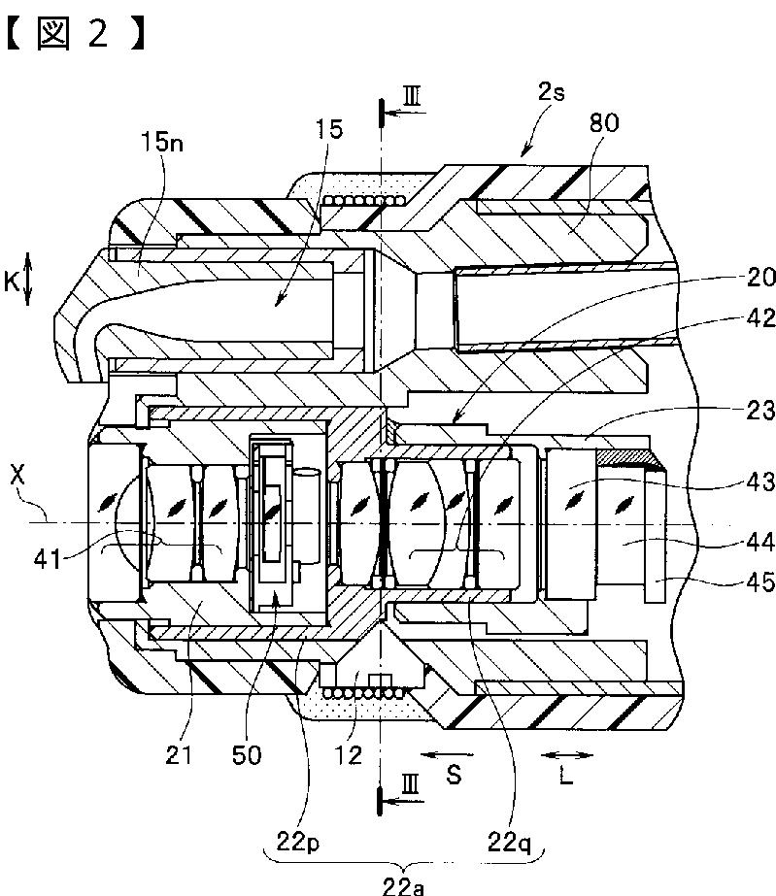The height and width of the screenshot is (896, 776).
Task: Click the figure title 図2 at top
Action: tap(75, 33)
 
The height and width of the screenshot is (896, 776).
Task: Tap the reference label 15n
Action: tap(162, 142)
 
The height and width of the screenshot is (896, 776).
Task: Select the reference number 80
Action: tap(604, 123)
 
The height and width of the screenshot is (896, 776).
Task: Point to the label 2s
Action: tap(552, 91)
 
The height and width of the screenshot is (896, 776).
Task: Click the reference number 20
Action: tap(761, 278)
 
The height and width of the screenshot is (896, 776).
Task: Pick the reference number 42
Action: tap(761, 318)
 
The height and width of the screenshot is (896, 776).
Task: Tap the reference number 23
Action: tap(761, 411)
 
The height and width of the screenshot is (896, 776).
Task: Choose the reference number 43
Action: tap(761, 481)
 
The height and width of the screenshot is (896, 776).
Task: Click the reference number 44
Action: tap(761, 541)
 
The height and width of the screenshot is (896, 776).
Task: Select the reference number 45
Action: tap(761, 582)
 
